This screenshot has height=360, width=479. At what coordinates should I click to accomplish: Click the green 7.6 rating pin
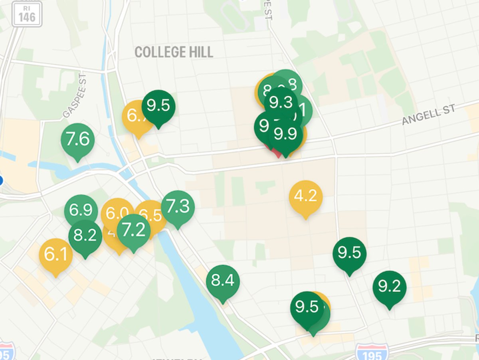[x=77, y=140]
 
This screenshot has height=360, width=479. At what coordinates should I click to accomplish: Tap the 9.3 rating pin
[x=281, y=103]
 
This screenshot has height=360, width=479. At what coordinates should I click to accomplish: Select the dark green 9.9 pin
[x=286, y=135]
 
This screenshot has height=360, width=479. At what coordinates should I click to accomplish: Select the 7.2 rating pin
[x=133, y=231]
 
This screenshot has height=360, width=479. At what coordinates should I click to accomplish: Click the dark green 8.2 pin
[x=85, y=235]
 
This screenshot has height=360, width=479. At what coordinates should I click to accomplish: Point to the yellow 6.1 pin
[x=56, y=254]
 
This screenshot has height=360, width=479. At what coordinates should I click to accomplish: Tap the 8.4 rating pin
[x=223, y=281]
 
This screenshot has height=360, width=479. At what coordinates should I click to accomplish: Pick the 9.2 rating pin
[x=389, y=287]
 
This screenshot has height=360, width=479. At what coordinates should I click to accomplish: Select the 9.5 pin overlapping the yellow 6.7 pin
[x=158, y=106]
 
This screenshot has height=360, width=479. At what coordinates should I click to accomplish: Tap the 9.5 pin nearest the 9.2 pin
[x=349, y=253]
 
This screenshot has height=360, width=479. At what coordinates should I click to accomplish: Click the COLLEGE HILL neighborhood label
[x=174, y=52]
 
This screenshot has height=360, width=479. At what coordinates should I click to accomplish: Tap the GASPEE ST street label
[x=74, y=95]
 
